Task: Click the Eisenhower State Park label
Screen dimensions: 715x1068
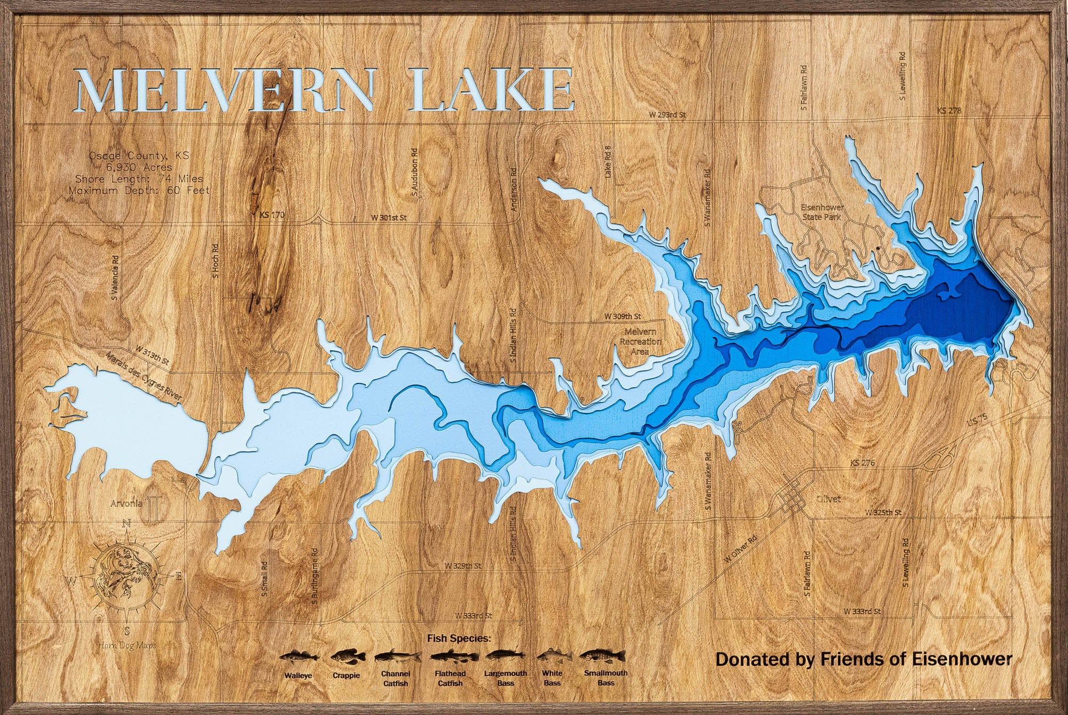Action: click(821, 213)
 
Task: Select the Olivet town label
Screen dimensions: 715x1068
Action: click(828, 499)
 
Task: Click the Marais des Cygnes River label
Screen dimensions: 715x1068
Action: click(144, 377)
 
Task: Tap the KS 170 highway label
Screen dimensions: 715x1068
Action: click(271, 215)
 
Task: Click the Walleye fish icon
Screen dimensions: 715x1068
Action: click(299, 656)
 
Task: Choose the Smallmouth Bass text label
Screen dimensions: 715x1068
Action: click(606, 678)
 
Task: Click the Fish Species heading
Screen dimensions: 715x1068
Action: click(459, 638)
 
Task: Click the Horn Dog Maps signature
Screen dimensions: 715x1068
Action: click(127, 646)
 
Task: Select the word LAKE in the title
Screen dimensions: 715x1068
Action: click(493, 90)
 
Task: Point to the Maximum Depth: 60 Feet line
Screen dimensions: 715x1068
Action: click(139, 190)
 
